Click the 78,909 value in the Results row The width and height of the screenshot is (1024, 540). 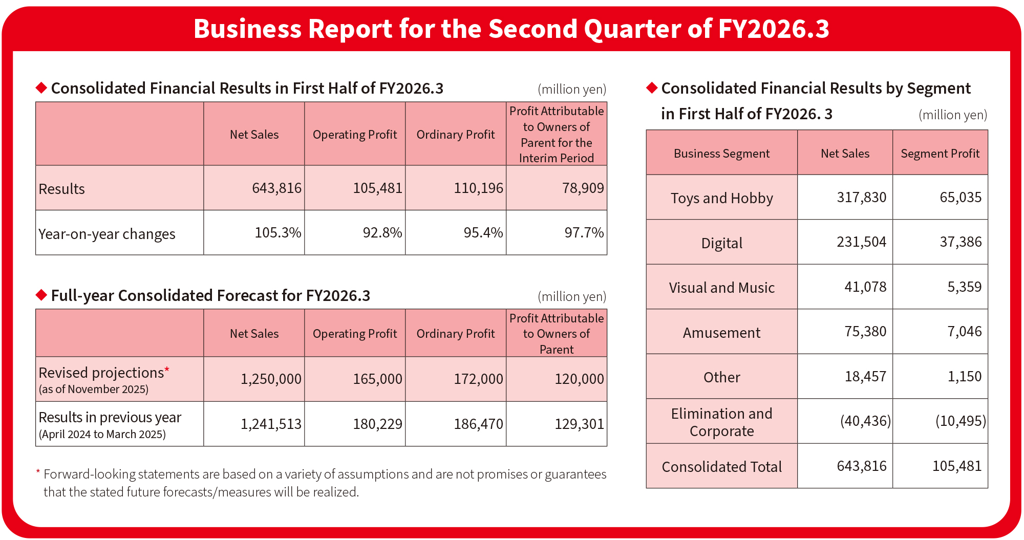583,188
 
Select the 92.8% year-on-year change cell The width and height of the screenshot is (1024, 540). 382,233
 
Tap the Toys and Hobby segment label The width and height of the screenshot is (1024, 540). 721,198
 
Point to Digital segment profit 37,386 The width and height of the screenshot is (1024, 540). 960,242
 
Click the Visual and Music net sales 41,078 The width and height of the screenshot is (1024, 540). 865,287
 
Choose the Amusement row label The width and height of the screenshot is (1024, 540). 721,333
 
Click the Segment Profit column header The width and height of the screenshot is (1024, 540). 940,154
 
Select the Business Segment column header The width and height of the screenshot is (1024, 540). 721,154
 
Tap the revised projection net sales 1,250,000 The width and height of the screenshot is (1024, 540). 271,379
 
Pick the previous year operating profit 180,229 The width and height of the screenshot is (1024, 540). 377,424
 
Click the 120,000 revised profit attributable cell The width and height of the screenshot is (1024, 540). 579,379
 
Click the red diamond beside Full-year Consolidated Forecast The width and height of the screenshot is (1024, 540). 41,295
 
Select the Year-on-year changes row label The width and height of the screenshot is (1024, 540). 107,234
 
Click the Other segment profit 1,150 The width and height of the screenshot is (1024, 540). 964,377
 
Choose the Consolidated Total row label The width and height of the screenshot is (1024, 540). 721,467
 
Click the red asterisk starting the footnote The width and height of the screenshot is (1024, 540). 38,472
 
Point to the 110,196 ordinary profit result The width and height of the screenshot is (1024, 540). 478,188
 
